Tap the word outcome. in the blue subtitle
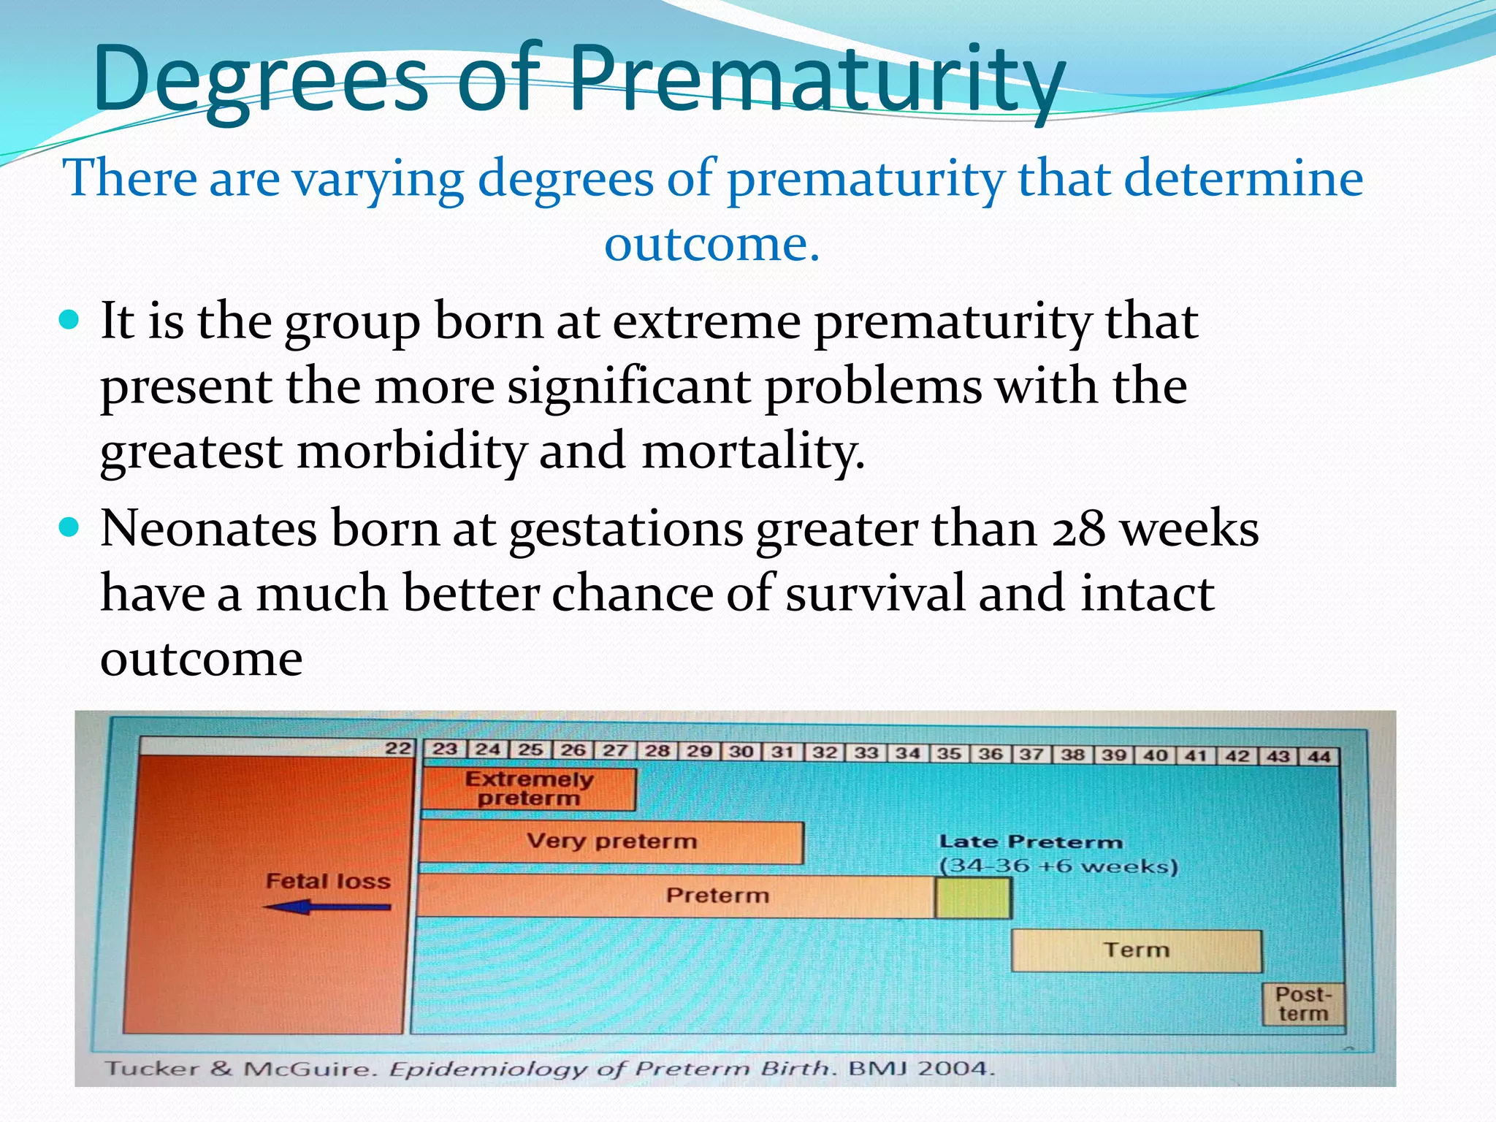pyautogui.click(x=712, y=244)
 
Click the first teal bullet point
pyautogui.click(x=69, y=320)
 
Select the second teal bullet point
pyautogui.click(x=69, y=527)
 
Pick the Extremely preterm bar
pyautogui.click(x=529, y=789)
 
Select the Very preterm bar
pyautogui.click(x=611, y=842)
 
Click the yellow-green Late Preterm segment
pyautogui.click(x=973, y=898)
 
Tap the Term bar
pyautogui.click(x=1136, y=950)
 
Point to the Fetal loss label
pyautogui.click(x=328, y=881)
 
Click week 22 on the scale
pyautogui.click(x=398, y=748)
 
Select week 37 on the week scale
pyautogui.click(x=1031, y=754)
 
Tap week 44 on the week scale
pyautogui.click(x=1318, y=757)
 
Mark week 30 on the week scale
pyautogui.click(x=741, y=751)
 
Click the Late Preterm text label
pyautogui.click(x=1030, y=842)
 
